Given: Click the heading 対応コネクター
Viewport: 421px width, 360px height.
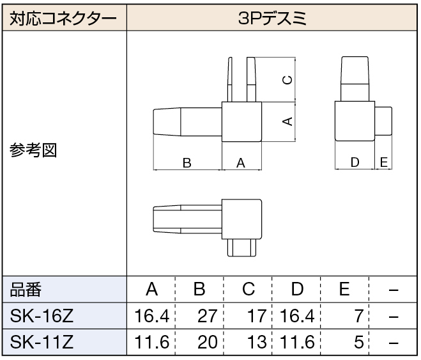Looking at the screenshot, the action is [63, 19].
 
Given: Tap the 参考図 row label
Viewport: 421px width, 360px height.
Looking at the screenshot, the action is [33, 150].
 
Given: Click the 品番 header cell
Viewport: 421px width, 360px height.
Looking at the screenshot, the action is [26, 290].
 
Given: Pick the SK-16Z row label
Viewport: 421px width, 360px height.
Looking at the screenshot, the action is [42, 316].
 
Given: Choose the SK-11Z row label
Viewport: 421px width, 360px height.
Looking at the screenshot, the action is [42, 342].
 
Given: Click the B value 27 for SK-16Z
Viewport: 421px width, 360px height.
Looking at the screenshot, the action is [207, 316].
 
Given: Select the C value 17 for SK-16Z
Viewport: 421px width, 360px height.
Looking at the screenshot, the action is [257, 316].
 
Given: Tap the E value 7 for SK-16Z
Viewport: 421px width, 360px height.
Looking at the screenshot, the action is [359, 316].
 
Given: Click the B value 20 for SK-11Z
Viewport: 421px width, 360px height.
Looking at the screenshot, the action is [207, 342].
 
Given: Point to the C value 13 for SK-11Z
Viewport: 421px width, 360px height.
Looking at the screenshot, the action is [257, 342].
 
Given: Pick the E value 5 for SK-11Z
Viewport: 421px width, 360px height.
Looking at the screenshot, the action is [359, 342].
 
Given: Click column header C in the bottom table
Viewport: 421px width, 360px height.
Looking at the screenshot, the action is [249, 290].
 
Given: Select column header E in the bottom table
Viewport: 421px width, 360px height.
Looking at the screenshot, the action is [344, 289].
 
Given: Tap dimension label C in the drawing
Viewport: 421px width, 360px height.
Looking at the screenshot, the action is [287, 80].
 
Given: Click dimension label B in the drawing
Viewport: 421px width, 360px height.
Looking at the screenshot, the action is [187, 163].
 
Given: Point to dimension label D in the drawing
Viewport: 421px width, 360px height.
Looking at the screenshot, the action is [355, 162].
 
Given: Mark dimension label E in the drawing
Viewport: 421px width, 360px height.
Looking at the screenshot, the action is [384, 162].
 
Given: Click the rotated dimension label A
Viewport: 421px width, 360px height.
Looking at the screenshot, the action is [287, 121].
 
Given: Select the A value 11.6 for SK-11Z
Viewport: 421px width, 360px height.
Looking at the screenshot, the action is [151, 342].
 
